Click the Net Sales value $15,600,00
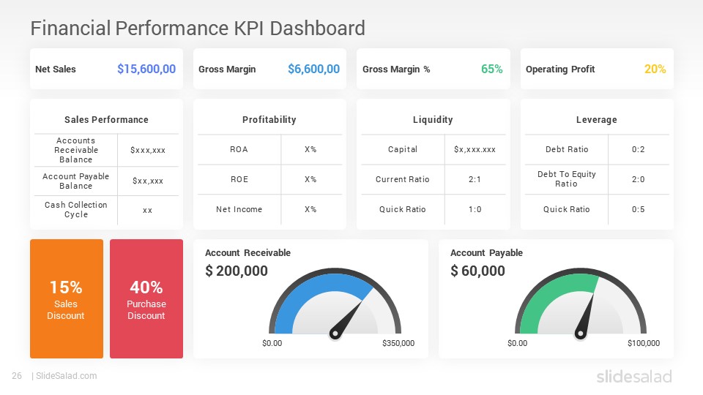(x=146, y=69)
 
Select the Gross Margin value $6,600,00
(x=313, y=69)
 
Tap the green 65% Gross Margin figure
(x=491, y=69)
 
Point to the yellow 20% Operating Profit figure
(x=655, y=69)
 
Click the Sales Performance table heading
(x=106, y=120)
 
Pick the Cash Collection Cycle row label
(x=76, y=210)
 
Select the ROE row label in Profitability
(x=239, y=179)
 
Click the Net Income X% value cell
(x=310, y=209)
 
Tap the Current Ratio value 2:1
(x=475, y=179)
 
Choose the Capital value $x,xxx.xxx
(x=475, y=149)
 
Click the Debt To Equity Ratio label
(x=567, y=179)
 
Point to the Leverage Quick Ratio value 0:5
(x=638, y=209)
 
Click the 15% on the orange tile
(x=66, y=287)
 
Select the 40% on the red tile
(x=146, y=287)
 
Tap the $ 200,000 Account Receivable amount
(x=237, y=271)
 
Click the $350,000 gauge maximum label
(x=398, y=343)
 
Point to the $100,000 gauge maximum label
(x=643, y=343)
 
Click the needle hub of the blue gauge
(x=335, y=334)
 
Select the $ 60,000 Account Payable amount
(x=477, y=271)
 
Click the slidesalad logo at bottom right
(x=633, y=377)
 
